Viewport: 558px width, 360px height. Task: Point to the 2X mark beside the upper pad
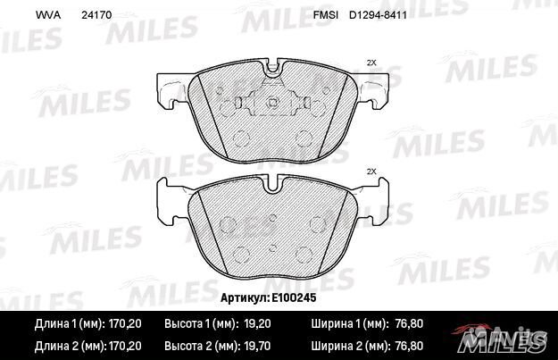click(x=372, y=62)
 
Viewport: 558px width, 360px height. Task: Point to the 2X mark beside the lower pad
click(x=372, y=171)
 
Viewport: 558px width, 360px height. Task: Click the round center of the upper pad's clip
click(x=274, y=105)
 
